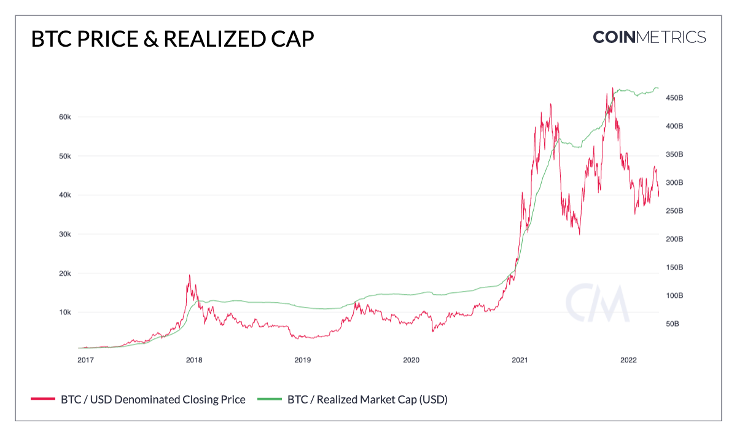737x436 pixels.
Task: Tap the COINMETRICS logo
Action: pos(649,37)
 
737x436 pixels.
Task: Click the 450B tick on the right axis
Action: pos(674,98)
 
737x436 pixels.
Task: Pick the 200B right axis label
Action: pos(674,239)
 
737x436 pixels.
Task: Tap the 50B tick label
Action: pos(673,324)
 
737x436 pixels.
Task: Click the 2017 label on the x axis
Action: pos(85,359)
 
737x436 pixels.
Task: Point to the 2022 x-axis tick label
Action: pos(628,359)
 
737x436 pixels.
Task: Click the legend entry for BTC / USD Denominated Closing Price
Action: pos(153,400)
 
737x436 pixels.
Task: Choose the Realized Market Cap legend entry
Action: pos(367,400)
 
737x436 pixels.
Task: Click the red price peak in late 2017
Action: pos(189,275)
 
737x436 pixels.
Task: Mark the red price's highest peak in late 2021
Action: pos(612,88)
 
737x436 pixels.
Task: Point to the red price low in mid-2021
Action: pos(579,234)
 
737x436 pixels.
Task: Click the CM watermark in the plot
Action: pos(597,303)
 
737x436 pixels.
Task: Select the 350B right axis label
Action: pos(674,155)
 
